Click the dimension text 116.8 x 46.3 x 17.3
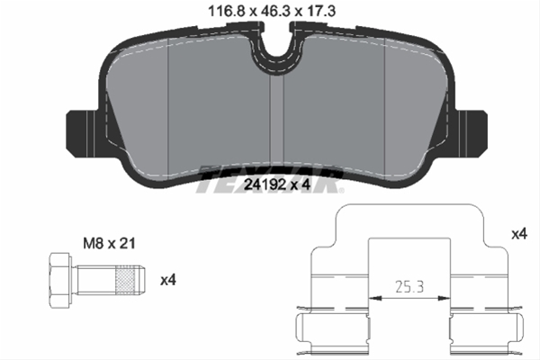(x=269, y=13)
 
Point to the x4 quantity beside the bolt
(x=167, y=280)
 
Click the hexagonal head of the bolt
(x=59, y=280)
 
